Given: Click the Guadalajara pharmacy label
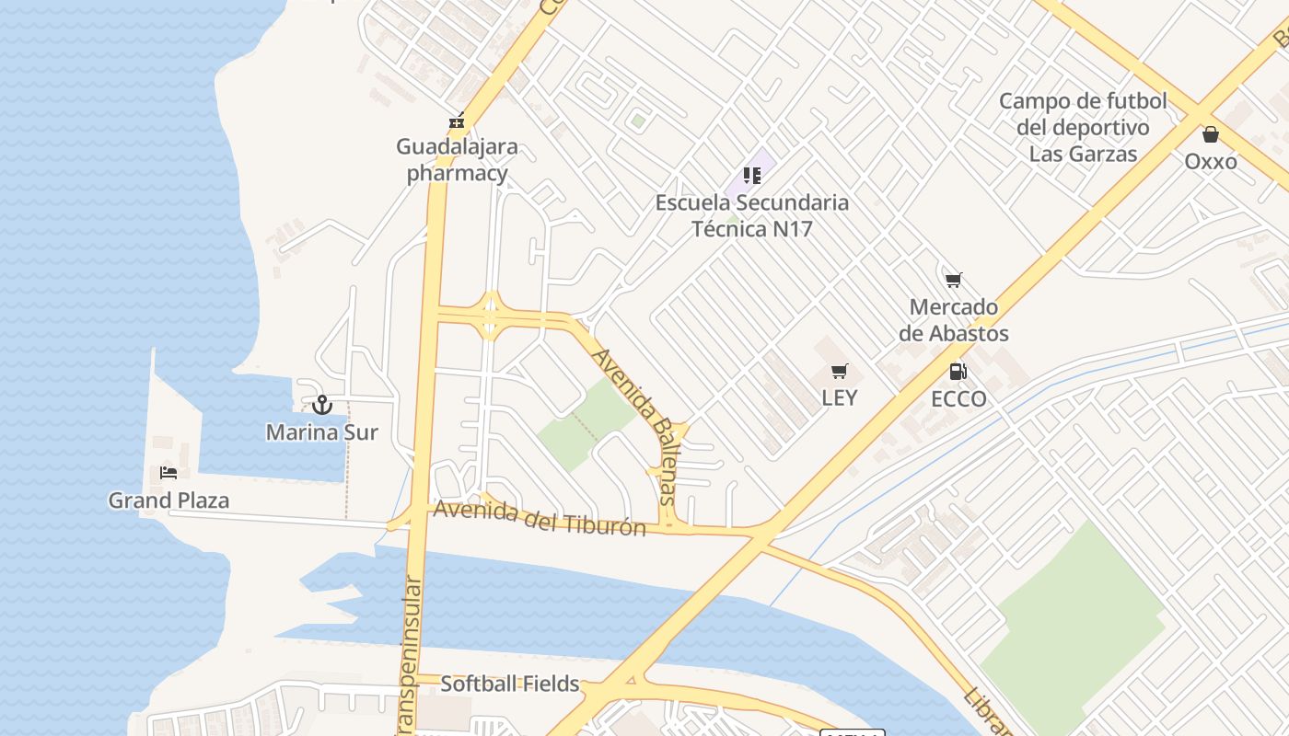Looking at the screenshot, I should pos(457,160).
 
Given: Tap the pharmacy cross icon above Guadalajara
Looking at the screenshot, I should pos(456,121).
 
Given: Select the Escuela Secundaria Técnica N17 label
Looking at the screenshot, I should pos(751,215).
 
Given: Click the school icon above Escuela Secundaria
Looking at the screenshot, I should pos(752,175).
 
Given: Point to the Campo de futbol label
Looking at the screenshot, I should pos(1083,127).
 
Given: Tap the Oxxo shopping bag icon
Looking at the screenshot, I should pos(1211,134).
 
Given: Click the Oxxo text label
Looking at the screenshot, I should pos(1211,161).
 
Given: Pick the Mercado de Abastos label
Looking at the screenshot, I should pos(954,320).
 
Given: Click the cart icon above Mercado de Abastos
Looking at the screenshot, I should pos(954,280).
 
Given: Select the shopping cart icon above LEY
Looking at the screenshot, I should pos(839,372).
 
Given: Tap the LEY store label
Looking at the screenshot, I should pos(839,397).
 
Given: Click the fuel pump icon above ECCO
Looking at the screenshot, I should pos(958,372).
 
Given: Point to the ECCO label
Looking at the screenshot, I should pos(958,398).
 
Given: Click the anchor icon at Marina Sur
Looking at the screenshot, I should pos(322,405).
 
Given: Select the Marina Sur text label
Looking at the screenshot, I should pos(322,431).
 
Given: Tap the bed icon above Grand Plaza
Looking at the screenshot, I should pos(168,473).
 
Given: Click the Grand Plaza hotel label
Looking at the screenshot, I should pos(168,500).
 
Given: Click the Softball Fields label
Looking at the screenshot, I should pos(510,684).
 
